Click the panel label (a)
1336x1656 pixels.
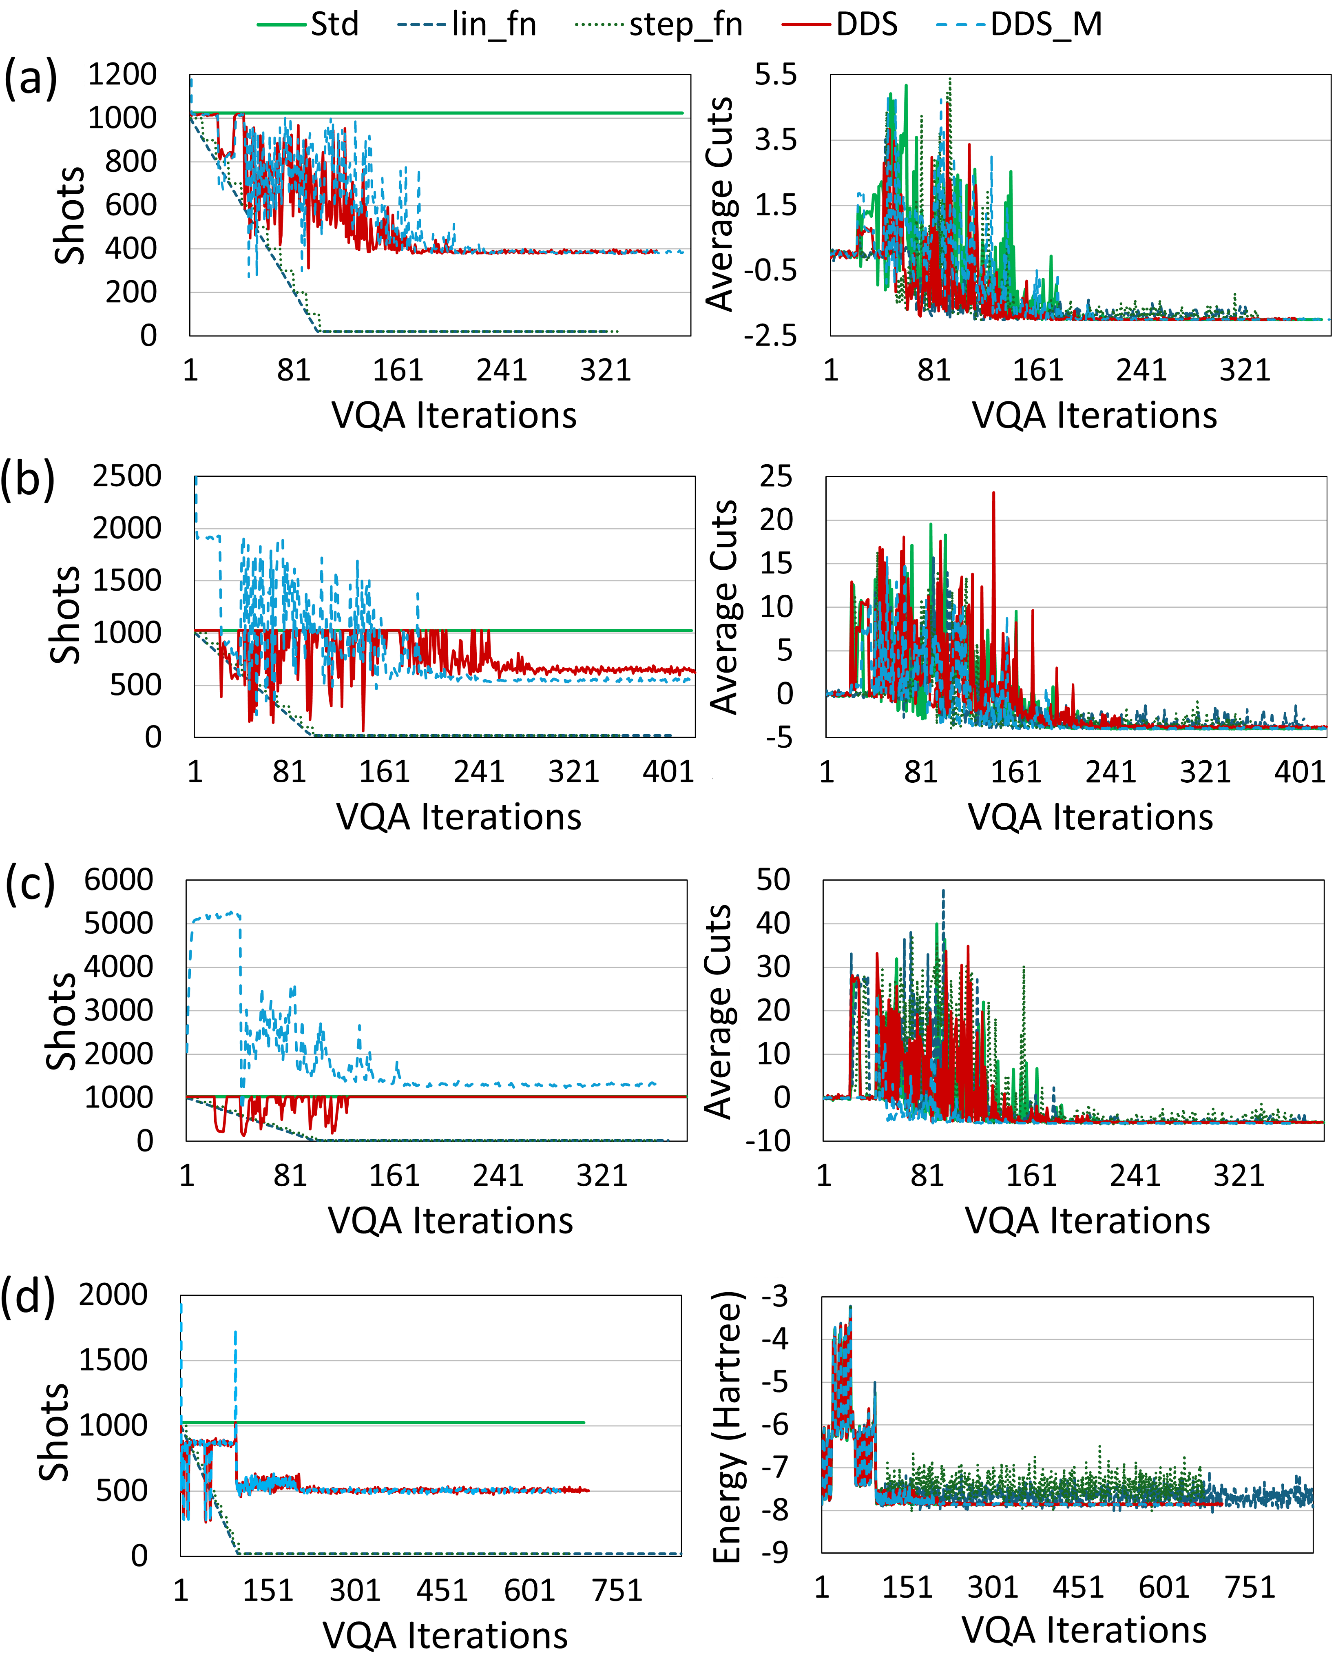pyautogui.click(x=31, y=78)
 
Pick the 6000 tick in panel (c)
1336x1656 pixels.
pyautogui.click(x=119, y=879)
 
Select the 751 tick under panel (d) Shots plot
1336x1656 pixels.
pyautogui.click(x=617, y=1590)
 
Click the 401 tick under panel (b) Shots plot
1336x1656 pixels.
pyautogui.click(x=668, y=771)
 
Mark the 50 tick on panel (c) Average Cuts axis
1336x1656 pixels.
pyautogui.click(x=774, y=879)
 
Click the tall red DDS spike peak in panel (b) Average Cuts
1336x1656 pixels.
pyautogui.click(x=993, y=493)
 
